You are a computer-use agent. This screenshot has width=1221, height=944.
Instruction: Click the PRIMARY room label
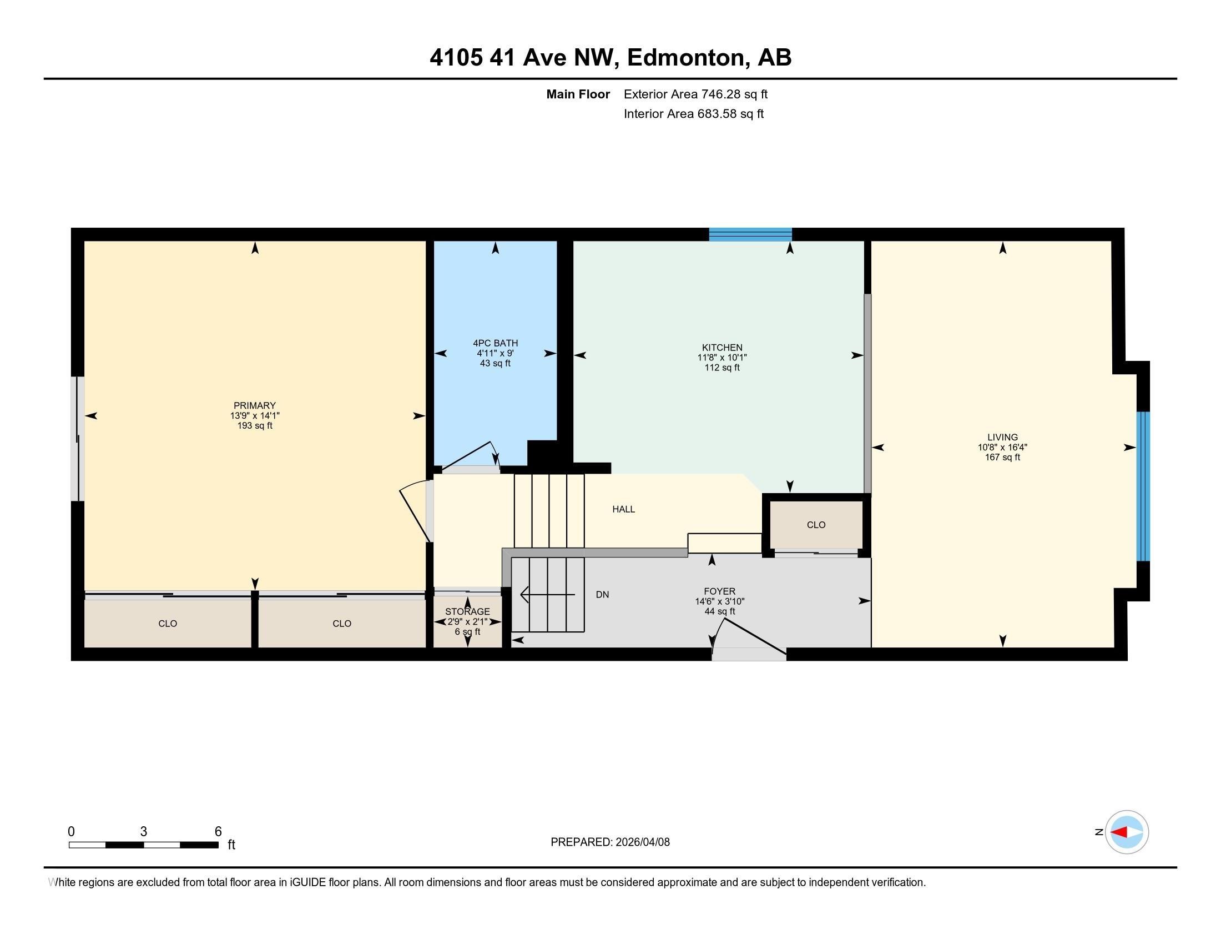[254, 405]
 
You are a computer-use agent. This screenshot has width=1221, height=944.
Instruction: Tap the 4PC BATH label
[495, 343]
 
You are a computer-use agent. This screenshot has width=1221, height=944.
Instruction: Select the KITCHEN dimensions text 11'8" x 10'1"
[722, 358]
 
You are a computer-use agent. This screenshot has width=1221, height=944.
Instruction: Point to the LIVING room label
[1002, 438]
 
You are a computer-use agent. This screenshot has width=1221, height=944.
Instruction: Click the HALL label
[623, 509]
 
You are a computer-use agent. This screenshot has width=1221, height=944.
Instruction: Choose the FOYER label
[719, 591]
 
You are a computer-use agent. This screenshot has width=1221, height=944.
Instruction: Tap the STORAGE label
[467, 611]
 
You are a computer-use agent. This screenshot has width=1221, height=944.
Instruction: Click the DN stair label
[602, 595]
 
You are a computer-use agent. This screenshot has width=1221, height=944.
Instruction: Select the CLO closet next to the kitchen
[816, 525]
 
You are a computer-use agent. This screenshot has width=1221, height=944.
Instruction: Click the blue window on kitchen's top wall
[750, 235]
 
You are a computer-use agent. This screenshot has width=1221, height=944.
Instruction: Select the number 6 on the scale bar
[218, 832]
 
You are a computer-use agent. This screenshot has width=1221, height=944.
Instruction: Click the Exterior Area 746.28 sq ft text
[695, 94]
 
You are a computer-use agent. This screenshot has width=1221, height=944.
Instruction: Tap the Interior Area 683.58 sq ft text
[693, 114]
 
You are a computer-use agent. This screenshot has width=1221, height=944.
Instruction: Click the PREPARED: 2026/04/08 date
[610, 842]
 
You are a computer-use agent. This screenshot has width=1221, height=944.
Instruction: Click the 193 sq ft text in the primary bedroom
[254, 425]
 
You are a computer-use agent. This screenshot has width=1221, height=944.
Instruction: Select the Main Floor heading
[578, 94]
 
